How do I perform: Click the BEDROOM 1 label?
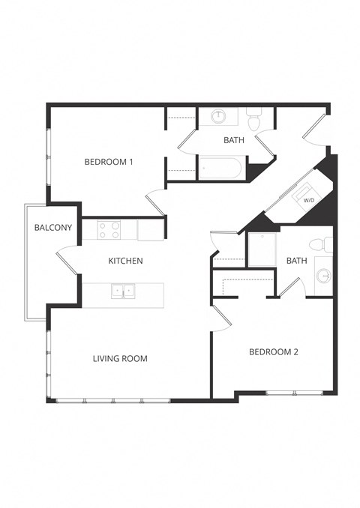tap(109, 162)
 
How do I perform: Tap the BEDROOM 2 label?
tap(274, 351)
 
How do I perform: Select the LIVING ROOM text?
tap(120, 359)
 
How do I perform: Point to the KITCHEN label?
tap(126, 261)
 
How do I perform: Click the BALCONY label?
tap(52, 228)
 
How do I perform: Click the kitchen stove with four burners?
tap(109, 229)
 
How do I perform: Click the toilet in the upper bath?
tap(253, 119)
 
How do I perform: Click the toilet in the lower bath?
tap(325, 244)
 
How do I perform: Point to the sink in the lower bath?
tap(323, 275)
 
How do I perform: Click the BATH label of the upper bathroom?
tap(234, 140)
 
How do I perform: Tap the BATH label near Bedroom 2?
tap(297, 261)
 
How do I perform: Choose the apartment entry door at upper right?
tap(315, 127)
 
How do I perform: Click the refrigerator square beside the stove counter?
tap(150, 229)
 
